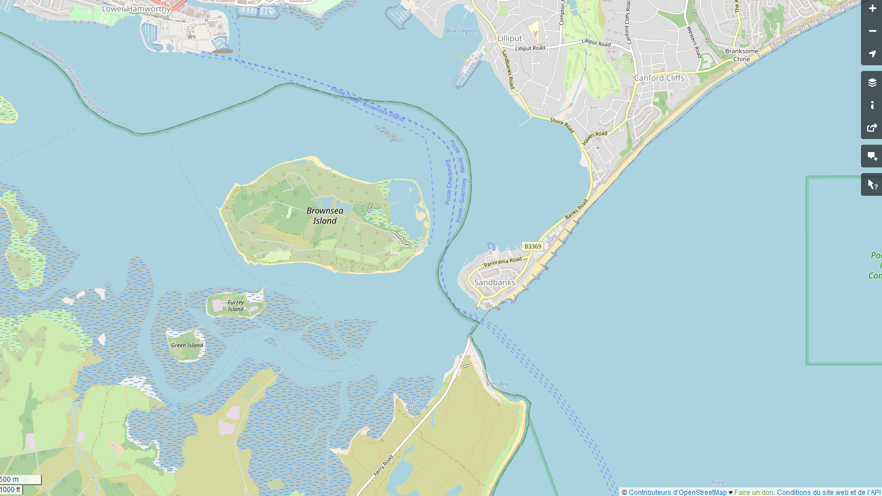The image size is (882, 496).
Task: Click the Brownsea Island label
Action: tap(325, 216)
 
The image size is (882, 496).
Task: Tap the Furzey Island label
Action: tap(236, 306)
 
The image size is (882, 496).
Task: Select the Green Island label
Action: tap(187, 345)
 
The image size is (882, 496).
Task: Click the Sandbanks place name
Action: tap(495, 282)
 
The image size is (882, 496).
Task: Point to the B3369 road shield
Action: tap(533, 246)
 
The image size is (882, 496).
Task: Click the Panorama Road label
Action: tap(503, 262)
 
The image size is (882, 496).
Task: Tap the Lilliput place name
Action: tap(509, 38)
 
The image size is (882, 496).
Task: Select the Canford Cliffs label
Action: tap(659, 78)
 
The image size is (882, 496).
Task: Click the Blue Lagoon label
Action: tap(462, 31)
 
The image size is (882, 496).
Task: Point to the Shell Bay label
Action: tap(498, 384)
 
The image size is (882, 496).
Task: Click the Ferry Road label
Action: tap(383, 465)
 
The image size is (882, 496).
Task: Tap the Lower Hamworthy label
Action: tap(136, 9)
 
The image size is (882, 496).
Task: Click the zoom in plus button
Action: tap(872, 9)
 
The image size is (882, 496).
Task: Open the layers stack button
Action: tap(872, 82)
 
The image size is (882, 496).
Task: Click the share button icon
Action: tap(872, 128)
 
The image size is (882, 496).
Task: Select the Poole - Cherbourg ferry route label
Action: tap(449, 182)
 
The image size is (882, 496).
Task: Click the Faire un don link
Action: tap(754, 493)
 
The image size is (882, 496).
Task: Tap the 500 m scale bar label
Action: tap(10, 480)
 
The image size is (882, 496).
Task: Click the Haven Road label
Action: tap(595, 138)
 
